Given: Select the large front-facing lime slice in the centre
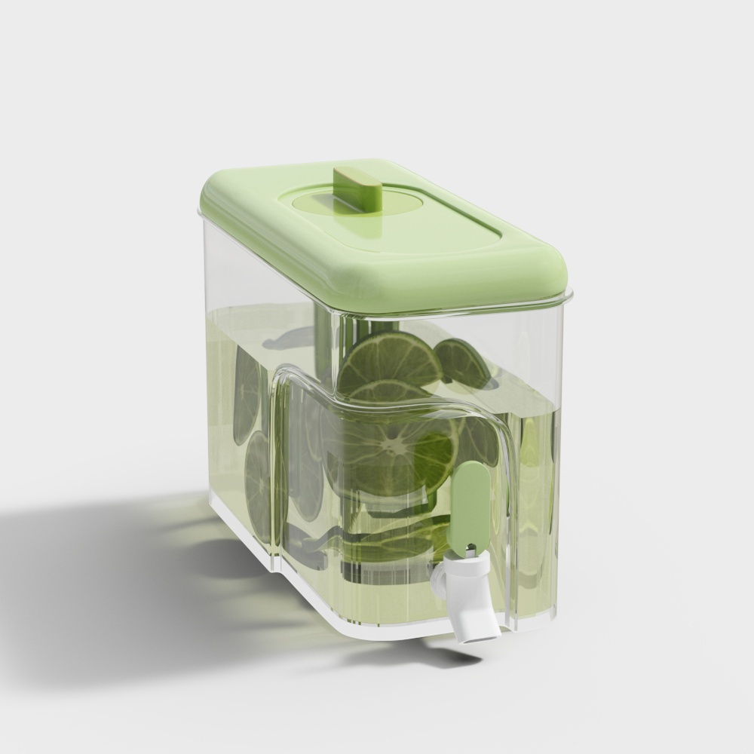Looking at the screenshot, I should (392, 452).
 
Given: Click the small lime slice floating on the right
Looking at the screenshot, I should (461, 360).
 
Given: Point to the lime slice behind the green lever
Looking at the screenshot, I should (479, 445).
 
